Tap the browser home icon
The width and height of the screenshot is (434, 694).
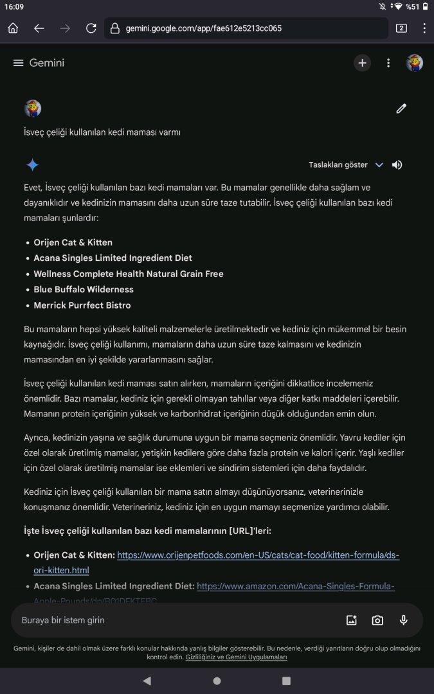pos(13,28)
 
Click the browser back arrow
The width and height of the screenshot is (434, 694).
pos(39,28)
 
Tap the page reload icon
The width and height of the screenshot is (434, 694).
pos(91,28)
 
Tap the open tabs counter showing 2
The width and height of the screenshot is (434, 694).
pos(401,28)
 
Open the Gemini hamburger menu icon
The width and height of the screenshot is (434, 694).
pos(18,63)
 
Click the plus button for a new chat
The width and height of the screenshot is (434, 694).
pos(362,63)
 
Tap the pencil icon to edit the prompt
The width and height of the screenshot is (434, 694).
pos(401,109)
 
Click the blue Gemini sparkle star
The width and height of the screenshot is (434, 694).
pos(32,165)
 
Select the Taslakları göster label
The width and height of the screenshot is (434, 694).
pos(338,165)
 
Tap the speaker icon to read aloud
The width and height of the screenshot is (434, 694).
pos(397,165)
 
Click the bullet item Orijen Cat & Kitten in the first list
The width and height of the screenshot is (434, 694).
pos(73,242)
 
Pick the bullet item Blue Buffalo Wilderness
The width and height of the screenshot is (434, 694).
pos(84,290)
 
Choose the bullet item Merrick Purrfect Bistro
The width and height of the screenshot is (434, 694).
pos(82,305)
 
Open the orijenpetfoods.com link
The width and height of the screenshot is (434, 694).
pos(257,555)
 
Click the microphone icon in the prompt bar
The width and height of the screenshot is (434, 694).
pos(403,620)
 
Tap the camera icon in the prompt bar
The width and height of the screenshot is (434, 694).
pos(377,620)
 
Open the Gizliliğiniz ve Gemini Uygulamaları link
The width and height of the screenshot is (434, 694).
pos(236,657)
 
